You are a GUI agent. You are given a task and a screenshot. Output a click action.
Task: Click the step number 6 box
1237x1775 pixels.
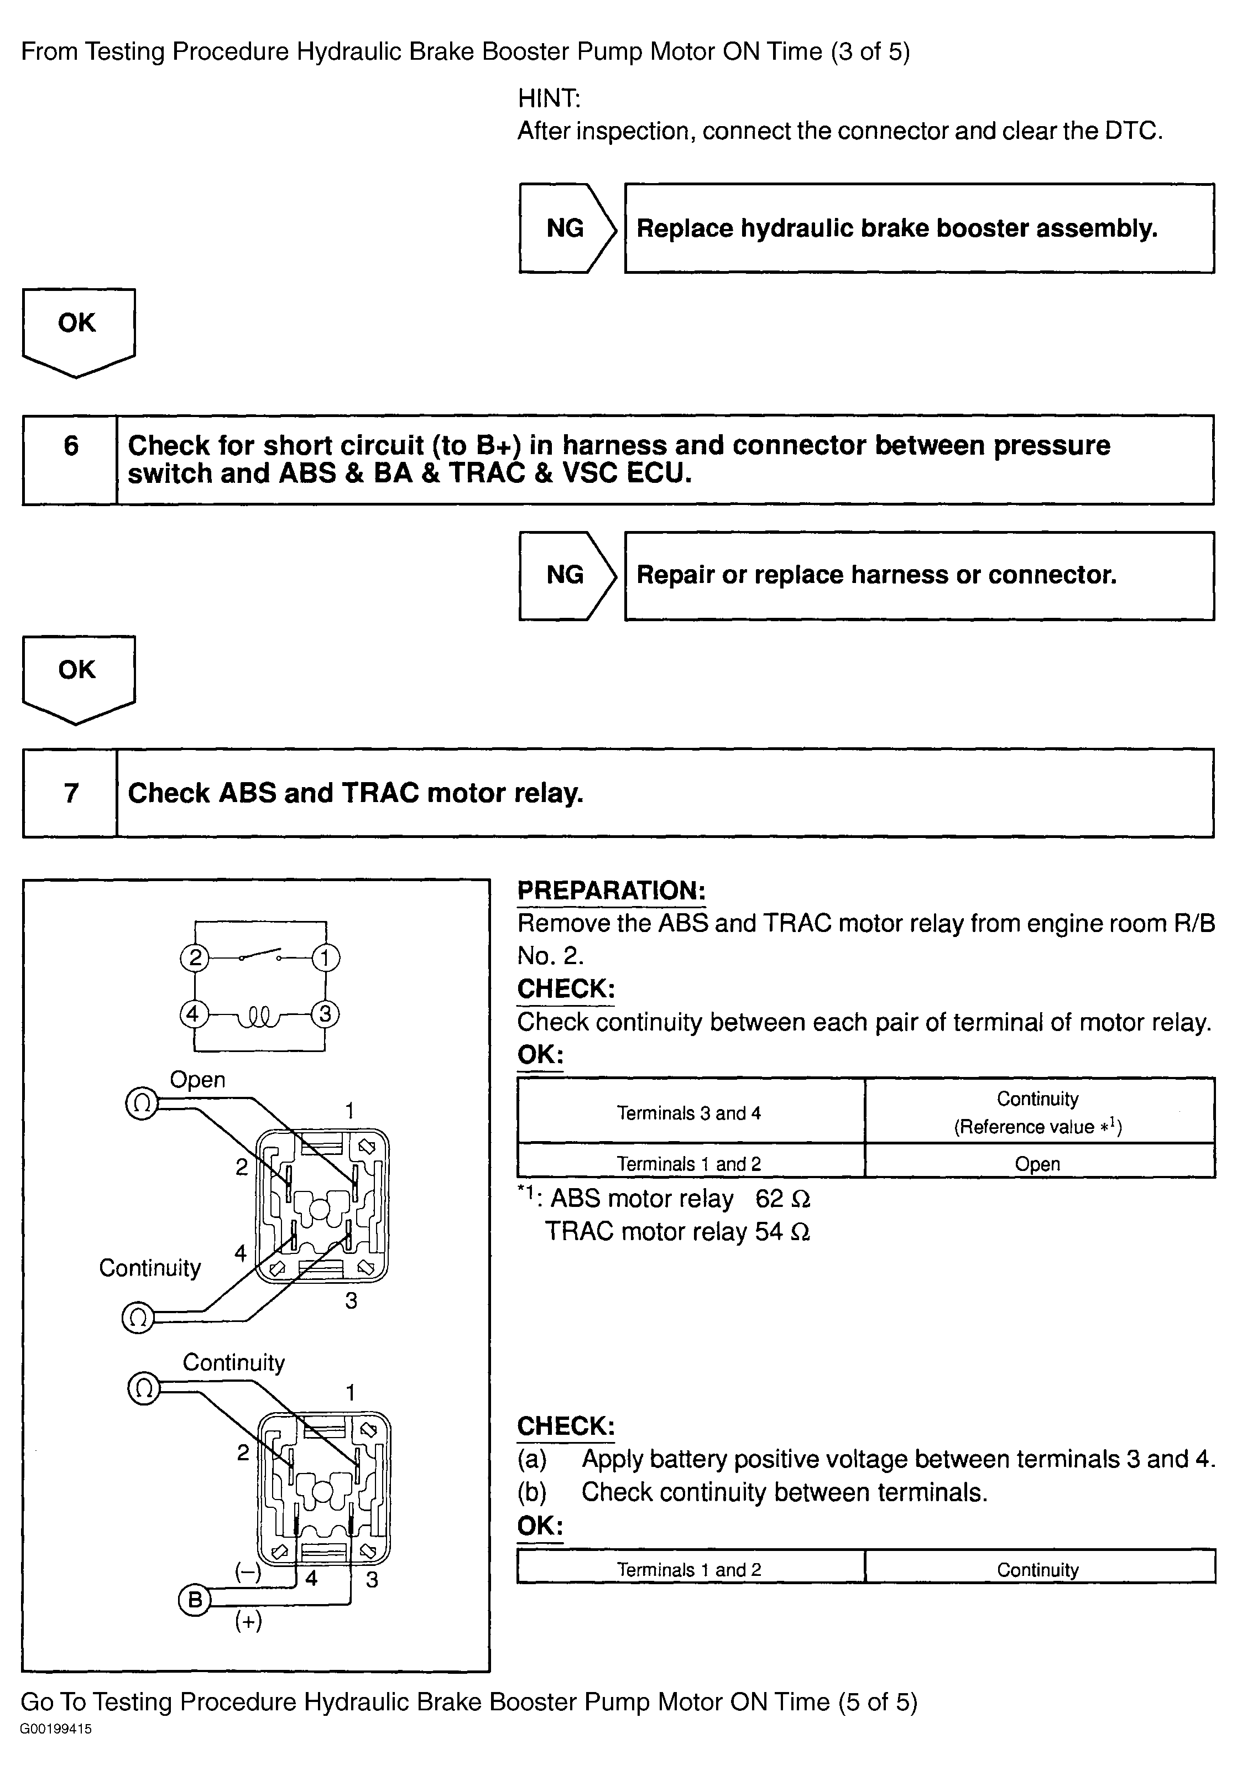click(70, 460)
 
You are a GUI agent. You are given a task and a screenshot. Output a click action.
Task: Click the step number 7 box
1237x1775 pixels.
click(70, 793)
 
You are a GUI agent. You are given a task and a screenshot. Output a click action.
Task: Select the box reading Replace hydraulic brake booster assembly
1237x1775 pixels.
click(918, 228)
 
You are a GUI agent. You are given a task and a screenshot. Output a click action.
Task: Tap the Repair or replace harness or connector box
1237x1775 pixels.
click(918, 575)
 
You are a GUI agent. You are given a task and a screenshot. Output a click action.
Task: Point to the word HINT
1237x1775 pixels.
click(549, 98)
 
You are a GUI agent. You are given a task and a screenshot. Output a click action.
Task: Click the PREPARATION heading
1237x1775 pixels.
click(610, 890)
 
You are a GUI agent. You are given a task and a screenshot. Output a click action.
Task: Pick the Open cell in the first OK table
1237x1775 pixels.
click(1038, 1163)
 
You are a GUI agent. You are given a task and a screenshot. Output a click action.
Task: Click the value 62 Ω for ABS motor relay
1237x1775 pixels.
click(782, 1198)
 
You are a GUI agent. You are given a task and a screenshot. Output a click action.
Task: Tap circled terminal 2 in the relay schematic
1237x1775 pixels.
click(195, 959)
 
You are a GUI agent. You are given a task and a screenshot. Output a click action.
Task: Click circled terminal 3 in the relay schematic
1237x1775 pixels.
click(325, 1013)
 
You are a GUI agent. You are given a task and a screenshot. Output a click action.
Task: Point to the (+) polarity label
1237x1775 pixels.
click(248, 1621)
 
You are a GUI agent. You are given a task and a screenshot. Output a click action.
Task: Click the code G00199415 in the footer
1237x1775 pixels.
click(56, 1729)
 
